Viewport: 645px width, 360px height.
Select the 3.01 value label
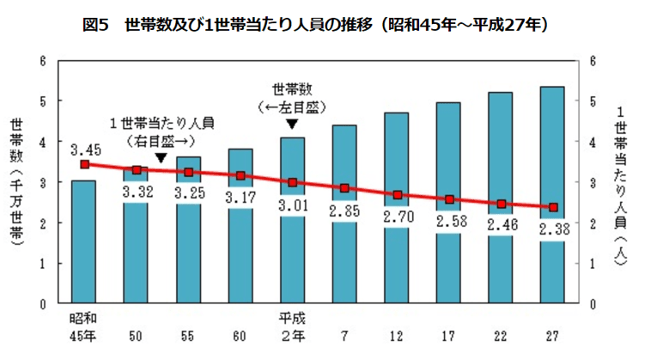coord(292,205)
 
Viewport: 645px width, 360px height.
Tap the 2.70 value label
coord(396,218)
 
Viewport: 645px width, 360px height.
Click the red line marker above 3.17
coord(240,175)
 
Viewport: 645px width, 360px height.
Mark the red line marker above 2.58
coord(448,199)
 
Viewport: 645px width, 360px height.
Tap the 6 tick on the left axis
coord(43,60)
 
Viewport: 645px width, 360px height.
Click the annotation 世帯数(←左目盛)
coord(292,96)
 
